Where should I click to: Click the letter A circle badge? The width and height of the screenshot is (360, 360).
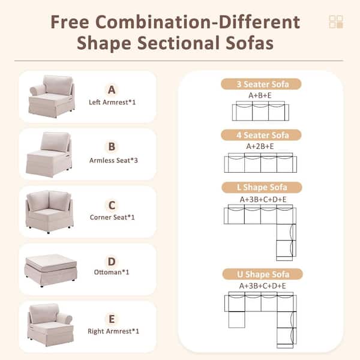click(x=111, y=90)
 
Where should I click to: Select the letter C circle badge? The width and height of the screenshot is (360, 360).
click(x=111, y=204)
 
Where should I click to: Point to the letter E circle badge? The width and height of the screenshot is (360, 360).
click(x=111, y=318)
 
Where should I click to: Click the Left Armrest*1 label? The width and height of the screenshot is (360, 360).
click(x=112, y=103)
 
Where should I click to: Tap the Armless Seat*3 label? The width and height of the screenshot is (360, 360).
click(x=112, y=160)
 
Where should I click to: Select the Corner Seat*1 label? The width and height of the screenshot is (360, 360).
click(x=112, y=217)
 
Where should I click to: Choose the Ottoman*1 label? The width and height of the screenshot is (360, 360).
click(x=112, y=273)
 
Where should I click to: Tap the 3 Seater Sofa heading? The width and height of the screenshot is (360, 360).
click(x=261, y=84)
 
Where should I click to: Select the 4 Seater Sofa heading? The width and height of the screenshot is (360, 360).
click(x=261, y=135)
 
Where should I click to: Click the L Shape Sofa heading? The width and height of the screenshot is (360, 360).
click(x=261, y=188)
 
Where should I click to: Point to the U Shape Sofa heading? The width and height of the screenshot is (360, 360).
click(x=261, y=274)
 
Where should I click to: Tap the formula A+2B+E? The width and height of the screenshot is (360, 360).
click(x=260, y=146)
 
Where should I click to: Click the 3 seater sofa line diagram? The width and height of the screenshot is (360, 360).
click(x=260, y=111)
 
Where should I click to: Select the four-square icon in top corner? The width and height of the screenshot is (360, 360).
click(x=336, y=22)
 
